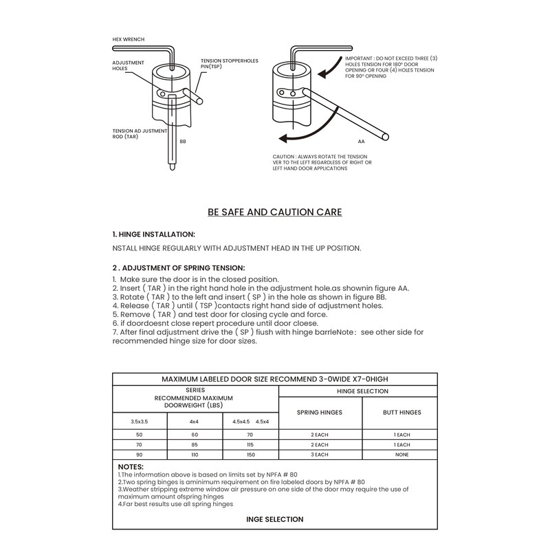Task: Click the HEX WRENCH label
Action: tap(128, 40)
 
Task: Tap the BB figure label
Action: tap(183, 142)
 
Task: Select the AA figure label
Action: tap(361, 140)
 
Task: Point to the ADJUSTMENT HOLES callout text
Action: tap(128, 65)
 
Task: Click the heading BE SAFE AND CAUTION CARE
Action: tap(275, 212)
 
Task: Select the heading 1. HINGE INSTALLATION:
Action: tap(153, 234)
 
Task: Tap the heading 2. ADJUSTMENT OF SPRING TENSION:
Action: tap(179, 267)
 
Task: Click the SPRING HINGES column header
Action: tap(319, 412)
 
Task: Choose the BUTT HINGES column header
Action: tap(401, 412)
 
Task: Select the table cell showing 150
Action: tap(250, 454)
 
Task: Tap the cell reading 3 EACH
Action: tap(319, 454)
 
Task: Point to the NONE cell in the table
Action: tap(401, 454)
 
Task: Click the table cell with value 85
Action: tap(195, 445)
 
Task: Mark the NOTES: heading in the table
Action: tap(131, 467)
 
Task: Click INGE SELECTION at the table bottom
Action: tap(275, 519)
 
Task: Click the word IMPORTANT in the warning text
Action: tap(360, 60)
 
